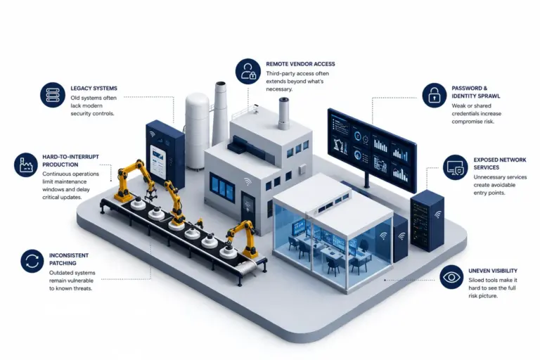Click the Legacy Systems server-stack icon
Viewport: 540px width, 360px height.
click(52, 95)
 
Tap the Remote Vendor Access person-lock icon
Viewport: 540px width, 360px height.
click(248, 71)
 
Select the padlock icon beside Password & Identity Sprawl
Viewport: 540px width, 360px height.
click(435, 96)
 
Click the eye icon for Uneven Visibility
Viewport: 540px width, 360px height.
click(451, 277)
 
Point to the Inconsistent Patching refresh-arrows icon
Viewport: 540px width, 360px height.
click(32, 261)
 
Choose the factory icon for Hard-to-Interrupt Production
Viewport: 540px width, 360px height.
click(26, 165)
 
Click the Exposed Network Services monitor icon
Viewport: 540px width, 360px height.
click(456, 167)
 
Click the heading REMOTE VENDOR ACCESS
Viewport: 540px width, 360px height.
click(300, 64)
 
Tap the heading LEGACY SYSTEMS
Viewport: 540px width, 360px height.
click(94, 89)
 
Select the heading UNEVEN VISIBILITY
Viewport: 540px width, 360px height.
click(493, 271)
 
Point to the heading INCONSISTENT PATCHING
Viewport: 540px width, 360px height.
click(69, 259)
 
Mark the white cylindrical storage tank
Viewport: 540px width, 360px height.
click(198, 131)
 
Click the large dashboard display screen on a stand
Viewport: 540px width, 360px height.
click(372, 149)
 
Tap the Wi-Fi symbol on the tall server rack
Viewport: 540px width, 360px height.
click(438, 214)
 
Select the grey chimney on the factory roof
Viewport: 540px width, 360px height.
click(284, 113)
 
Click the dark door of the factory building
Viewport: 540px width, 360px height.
click(248, 208)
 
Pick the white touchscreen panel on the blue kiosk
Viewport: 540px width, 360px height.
click(158, 162)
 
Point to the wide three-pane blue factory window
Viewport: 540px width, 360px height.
click(222, 188)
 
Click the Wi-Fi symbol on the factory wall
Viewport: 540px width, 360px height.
click(247, 181)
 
